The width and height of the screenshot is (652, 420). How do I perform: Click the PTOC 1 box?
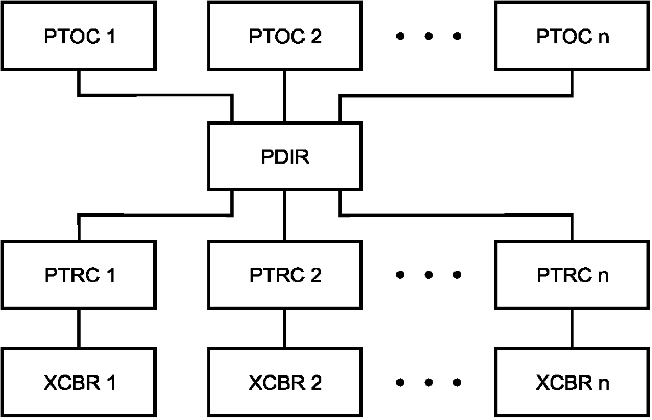click(x=78, y=36)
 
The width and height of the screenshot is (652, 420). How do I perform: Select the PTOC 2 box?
click(x=285, y=36)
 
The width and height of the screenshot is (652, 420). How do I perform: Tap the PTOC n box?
click(x=572, y=36)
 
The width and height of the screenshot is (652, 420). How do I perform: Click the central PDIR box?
click(x=285, y=156)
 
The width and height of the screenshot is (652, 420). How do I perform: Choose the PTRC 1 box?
click(x=78, y=274)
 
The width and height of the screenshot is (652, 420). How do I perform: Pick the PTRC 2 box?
click(x=285, y=274)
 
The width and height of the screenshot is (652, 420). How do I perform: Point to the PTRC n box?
click(x=572, y=274)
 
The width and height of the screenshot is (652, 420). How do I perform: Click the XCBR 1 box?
click(x=78, y=382)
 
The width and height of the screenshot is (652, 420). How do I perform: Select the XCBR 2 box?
click(x=285, y=382)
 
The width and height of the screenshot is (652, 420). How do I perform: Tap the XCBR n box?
click(x=572, y=382)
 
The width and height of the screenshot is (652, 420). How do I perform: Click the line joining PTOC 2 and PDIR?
click(x=285, y=96)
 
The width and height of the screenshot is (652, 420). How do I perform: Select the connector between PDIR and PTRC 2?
click(x=285, y=215)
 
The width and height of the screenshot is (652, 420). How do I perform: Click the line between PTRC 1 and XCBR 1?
click(x=79, y=329)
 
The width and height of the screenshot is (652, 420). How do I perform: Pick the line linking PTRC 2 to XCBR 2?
click(x=285, y=329)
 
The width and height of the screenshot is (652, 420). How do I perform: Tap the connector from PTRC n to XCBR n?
click(x=572, y=329)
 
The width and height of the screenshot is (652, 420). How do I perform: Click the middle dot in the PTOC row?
click(x=429, y=37)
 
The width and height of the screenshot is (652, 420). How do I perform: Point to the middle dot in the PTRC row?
click(x=429, y=274)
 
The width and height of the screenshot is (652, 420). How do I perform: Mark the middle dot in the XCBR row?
click(x=429, y=382)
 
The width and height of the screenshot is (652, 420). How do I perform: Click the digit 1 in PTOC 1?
click(x=110, y=36)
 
